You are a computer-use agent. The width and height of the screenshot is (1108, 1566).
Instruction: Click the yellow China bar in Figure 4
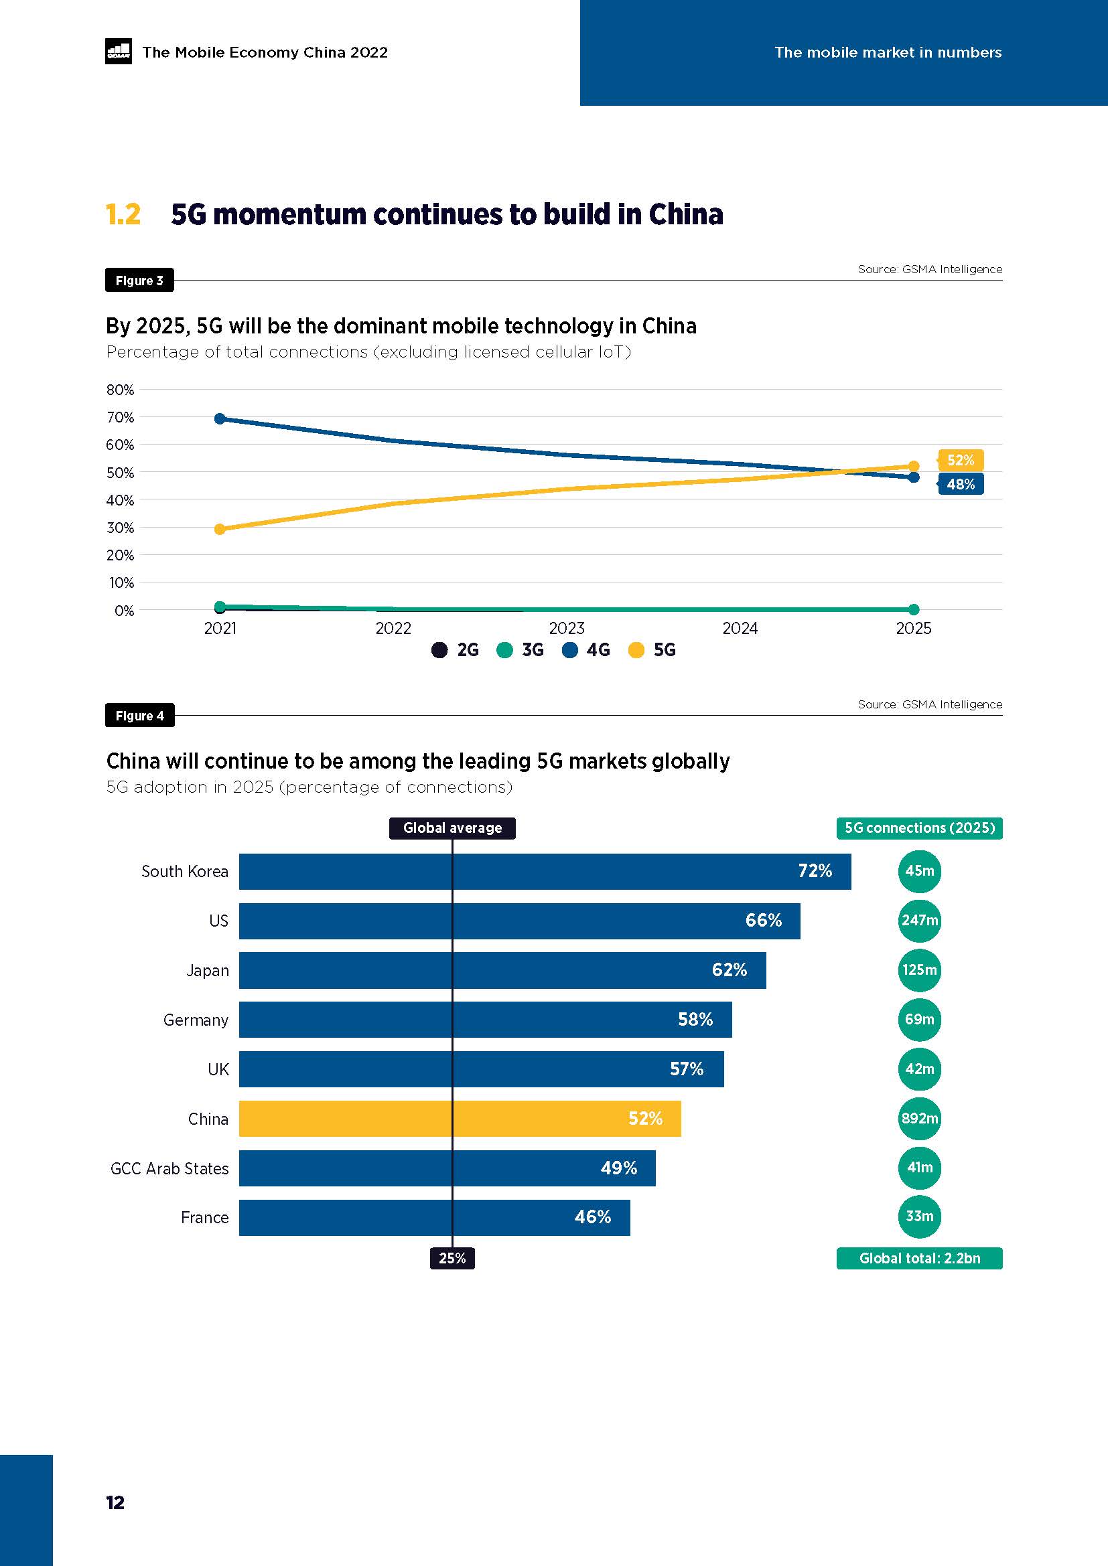pyautogui.click(x=459, y=1118)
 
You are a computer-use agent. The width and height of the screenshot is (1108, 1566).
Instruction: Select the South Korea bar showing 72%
pyautogui.click(x=545, y=871)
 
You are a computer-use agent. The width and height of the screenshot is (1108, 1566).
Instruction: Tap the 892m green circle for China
pyautogui.click(x=919, y=1118)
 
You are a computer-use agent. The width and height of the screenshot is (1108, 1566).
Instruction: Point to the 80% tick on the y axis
pyautogui.click(x=120, y=390)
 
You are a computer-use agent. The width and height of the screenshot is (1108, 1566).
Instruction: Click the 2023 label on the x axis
pyautogui.click(x=566, y=627)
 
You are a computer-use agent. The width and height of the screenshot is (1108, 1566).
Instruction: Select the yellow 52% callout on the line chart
pyautogui.click(x=960, y=461)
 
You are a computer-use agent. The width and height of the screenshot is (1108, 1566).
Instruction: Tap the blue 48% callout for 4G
pyautogui.click(x=960, y=484)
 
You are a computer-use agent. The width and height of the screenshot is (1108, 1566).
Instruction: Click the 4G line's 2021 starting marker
pyautogui.click(x=220, y=418)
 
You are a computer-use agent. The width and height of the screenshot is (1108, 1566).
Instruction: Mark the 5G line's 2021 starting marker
pyautogui.click(x=220, y=530)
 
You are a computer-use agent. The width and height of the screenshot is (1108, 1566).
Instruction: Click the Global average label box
pyautogui.click(x=452, y=828)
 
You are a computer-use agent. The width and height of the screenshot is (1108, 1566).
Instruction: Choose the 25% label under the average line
pyautogui.click(x=452, y=1258)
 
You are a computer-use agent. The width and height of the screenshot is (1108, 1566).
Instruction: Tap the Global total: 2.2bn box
pyautogui.click(x=919, y=1258)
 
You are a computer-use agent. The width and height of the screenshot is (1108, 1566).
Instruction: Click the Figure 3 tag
pyautogui.click(x=139, y=281)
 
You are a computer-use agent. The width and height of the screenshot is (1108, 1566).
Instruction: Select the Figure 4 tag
pyautogui.click(x=140, y=716)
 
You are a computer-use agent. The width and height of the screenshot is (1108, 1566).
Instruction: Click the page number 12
pyautogui.click(x=115, y=1502)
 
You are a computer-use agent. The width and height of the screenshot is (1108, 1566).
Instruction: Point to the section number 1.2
pyautogui.click(x=123, y=214)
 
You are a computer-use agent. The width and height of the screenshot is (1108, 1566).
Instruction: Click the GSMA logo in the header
pyautogui.click(x=118, y=51)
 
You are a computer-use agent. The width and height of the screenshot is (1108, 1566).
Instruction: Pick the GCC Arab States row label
pyautogui.click(x=169, y=1168)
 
